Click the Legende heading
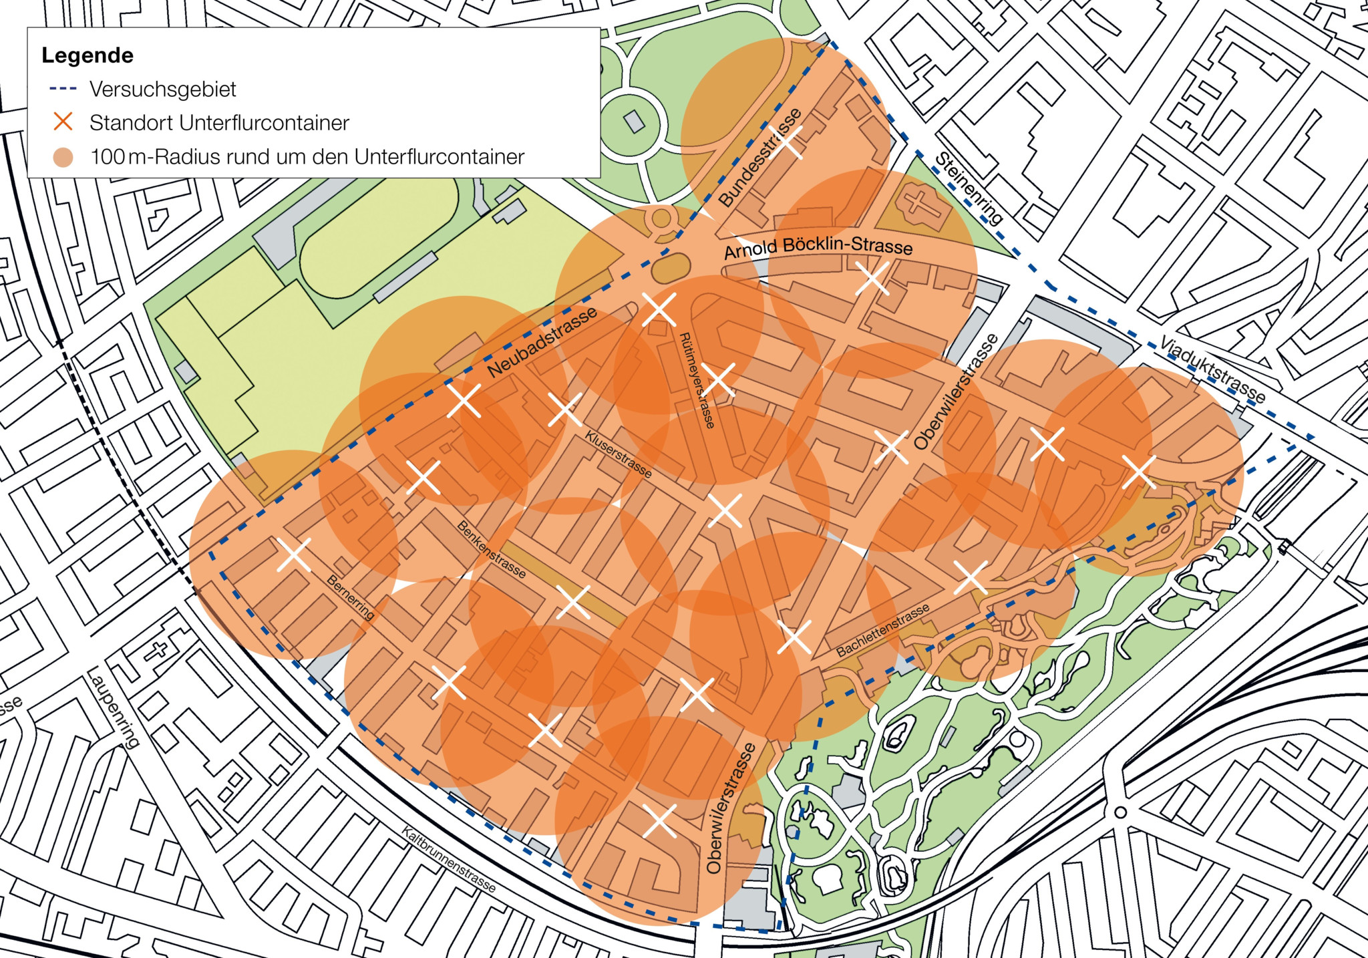(88, 55)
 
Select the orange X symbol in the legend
(63, 122)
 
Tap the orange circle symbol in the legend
(63, 158)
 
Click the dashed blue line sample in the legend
(63, 89)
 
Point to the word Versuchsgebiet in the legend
(163, 90)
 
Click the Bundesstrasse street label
(761, 157)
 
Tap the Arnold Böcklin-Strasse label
(818, 248)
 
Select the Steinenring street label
(969, 188)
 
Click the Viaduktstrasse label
(1212, 369)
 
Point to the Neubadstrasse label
(542, 343)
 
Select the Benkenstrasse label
(491, 549)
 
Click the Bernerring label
(350, 597)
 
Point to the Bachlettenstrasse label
(882, 630)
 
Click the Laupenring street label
(114, 707)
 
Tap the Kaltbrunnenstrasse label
(449, 859)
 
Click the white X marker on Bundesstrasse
(789, 142)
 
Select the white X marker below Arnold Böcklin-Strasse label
(872, 278)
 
